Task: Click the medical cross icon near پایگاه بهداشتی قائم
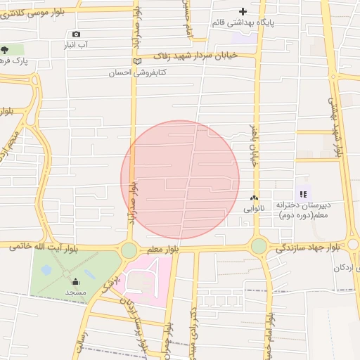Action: pyautogui.click(x=243, y=11)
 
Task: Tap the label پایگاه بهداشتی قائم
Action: pyautogui.click(x=243, y=22)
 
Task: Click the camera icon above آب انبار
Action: pyautogui.click(x=76, y=34)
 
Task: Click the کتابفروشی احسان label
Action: pyautogui.click(x=136, y=72)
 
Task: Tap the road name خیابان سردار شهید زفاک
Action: pyautogui.click(x=196, y=55)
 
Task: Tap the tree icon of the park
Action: pyautogui.click(x=6, y=50)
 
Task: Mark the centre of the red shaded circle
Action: pyautogui.click(x=180, y=180)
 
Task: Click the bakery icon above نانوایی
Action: pyautogui.click(x=254, y=198)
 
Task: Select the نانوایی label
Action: pyautogui.click(x=254, y=209)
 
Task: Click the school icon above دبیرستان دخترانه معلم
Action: pyautogui.click(x=303, y=194)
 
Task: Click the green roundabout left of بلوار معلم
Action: pyautogui.click(x=129, y=250)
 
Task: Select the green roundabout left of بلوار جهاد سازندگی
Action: pyautogui.click(x=259, y=246)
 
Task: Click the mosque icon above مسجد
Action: pyautogui.click(x=75, y=283)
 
